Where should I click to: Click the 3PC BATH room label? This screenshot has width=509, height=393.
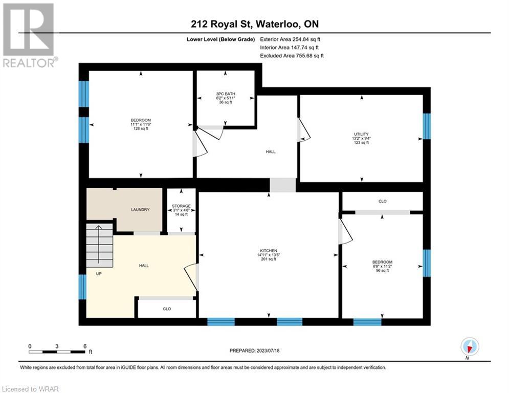click(224, 94)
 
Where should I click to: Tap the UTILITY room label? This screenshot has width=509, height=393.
click(361, 135)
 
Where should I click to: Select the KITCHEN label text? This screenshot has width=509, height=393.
click(269, 251)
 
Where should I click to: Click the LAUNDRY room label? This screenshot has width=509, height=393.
click(140, 209)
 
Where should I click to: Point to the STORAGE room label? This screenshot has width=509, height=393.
click(181, 206)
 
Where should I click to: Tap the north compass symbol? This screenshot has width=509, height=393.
click(469, 347)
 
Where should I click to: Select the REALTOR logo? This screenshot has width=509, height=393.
click(29, 35)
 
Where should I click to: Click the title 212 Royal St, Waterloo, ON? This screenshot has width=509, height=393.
click(254, 24)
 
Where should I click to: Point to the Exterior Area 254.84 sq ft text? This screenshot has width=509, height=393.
click(291, 39)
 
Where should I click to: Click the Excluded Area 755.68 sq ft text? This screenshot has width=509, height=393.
click(292, 56)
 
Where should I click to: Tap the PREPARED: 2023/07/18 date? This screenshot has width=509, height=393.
click(255, 351)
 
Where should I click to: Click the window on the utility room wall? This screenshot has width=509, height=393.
click(426, 126)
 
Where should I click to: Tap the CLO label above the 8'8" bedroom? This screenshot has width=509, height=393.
click(382, 201)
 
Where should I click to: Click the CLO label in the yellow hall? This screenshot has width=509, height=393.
click(167, 309)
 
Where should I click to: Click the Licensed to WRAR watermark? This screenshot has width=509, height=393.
click(30, 388)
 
